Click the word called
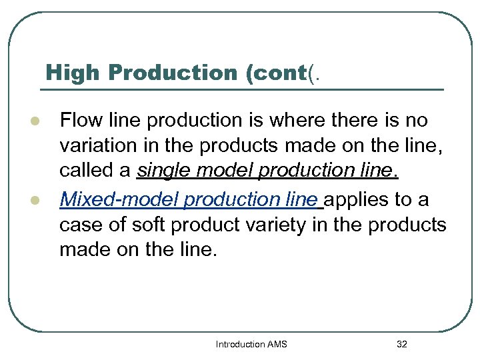85,171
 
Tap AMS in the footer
277,345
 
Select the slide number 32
401,345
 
